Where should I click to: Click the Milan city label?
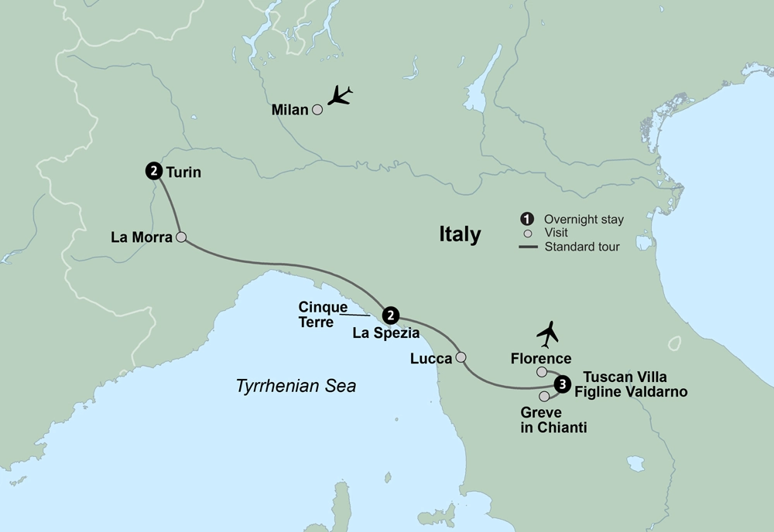290,111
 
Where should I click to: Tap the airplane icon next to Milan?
339,97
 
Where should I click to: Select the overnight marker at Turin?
153,172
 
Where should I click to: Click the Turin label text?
183,172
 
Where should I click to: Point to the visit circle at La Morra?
181,237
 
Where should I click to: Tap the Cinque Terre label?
323,313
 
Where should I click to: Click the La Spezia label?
385,334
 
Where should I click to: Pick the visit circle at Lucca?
461,357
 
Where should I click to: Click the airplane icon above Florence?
548,334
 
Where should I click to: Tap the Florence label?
541,359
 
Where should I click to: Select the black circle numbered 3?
563,384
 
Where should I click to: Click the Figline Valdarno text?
634,392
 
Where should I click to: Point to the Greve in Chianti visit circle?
544,396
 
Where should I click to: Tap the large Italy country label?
460,234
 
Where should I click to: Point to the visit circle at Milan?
317,111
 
